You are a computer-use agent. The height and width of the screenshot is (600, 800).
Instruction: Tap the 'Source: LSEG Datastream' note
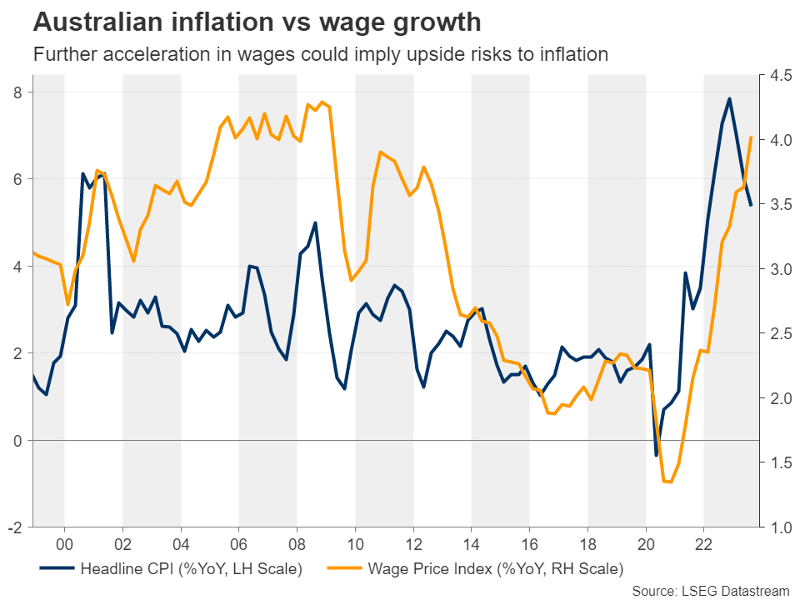[711, 590]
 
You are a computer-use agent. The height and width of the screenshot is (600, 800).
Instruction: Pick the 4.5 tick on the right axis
[780, 76]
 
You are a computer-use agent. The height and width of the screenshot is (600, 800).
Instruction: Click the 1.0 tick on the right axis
[780, 527]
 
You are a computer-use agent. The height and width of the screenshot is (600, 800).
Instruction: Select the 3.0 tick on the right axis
[780, 269]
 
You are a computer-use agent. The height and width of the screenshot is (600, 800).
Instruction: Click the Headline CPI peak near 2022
[729, 98]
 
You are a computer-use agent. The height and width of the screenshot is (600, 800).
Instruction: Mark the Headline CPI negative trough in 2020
[656, 455]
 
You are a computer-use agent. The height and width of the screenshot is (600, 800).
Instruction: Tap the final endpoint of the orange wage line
[752, 137]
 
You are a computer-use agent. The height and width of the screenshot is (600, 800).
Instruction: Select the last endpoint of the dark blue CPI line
[752, 205]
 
